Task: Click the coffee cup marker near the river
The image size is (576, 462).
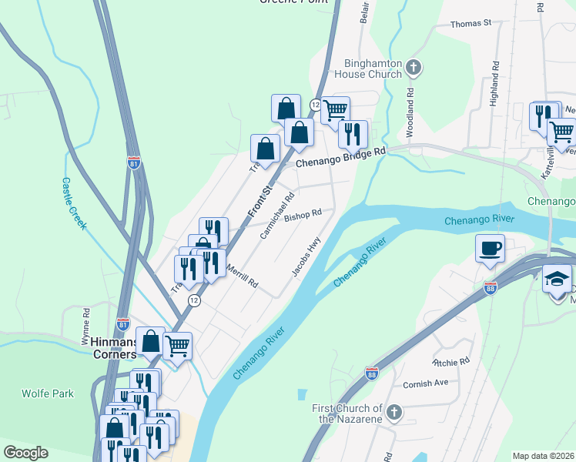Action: coord(490,249)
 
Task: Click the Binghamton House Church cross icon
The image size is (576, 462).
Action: coord(414,68)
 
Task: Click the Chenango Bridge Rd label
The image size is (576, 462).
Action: coord(340,157)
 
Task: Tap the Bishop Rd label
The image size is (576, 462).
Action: coord(303,216)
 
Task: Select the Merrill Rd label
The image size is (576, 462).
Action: coord(242,276)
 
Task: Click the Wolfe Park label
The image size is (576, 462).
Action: coord(48,393)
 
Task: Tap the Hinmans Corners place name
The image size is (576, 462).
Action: coord(109,347)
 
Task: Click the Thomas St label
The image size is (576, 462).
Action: coord(471,24)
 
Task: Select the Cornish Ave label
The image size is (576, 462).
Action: coord(425,383)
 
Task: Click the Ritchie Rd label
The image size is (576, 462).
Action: coord(451,361)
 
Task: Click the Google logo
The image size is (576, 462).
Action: coord(25,453)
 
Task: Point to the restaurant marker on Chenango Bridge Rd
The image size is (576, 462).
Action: coord(353,135)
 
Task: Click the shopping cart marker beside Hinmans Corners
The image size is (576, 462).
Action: coord(177,346)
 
